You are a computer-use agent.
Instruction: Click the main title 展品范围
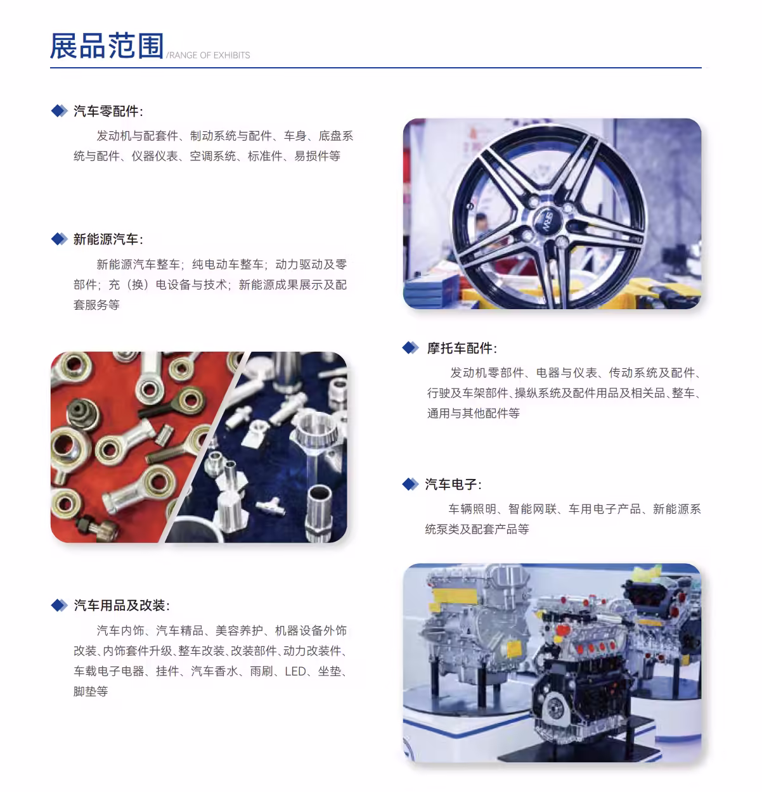coord(107,46)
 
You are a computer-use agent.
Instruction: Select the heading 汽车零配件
coord(106,111)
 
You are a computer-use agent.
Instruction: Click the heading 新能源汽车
coord(106,240)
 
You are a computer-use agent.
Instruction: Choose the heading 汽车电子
coord(451,484)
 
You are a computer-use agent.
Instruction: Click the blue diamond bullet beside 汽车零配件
coord(60,111)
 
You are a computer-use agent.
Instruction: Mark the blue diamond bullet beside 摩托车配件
coord(411,348)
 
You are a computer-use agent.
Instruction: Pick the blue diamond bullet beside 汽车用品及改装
coord(60,605)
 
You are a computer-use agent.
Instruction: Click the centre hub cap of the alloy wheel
coord(547,222)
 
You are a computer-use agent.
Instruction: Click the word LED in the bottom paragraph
coord(295,671)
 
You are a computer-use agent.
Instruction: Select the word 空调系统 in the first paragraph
coord(212,156)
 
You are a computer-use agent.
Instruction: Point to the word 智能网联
coord(533,509)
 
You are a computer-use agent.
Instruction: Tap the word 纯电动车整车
coord(228,265)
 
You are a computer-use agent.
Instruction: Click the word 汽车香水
coord(214,671)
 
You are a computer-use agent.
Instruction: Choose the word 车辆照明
coord(472,509)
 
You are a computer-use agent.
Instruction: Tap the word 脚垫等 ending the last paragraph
coord(91,691)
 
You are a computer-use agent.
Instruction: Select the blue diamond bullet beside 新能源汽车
coord(60,239)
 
